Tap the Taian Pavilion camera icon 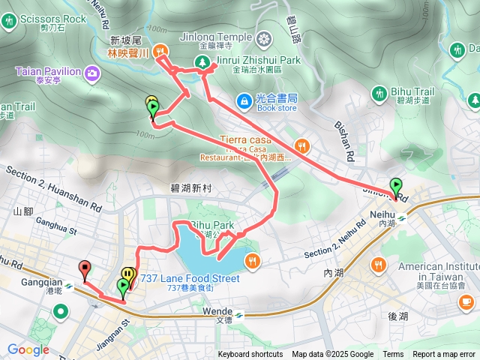coord(92,73)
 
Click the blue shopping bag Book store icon coord(244,100)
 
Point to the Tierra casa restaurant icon coord(301,145)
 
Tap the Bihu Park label coord(212,225)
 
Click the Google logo coord(28,349)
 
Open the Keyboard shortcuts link coord(250,355)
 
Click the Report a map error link coord(444,355)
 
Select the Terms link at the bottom coord(393,355)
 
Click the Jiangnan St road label coord(117,331)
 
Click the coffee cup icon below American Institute coord(466,301)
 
